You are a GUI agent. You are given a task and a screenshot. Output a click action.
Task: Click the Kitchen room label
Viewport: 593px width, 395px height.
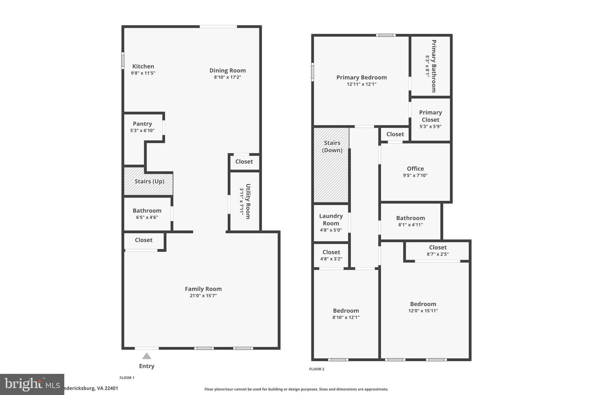click(143, 66)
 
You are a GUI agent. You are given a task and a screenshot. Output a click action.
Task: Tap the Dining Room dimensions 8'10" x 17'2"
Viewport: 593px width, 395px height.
click(227, 77)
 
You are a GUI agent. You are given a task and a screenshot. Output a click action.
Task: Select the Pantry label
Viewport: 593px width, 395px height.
click(142, 124)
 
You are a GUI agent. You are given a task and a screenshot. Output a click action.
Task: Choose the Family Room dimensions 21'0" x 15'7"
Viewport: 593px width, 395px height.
click(203, 296)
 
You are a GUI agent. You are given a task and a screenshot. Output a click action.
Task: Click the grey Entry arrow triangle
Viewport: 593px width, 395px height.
click(147, 356)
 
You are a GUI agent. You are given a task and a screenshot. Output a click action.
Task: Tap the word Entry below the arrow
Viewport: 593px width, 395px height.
click(147, 366)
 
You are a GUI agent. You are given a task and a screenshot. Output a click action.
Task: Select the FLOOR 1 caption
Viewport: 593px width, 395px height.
click(127, 378)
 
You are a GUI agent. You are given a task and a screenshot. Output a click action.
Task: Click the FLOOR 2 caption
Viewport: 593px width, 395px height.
click(317, 369)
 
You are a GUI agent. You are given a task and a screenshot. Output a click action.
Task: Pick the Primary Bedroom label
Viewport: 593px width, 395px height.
click(362, 77)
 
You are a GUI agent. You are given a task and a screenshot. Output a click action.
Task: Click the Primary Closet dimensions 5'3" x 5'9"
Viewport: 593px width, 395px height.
click(430, 127)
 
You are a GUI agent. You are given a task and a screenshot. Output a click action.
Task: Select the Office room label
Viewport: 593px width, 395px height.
click(415, 169)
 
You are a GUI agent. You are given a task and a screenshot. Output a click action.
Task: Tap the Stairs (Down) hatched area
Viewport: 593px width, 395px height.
click(332, 173)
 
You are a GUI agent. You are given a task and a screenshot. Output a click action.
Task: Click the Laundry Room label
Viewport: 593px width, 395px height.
click(331, 219)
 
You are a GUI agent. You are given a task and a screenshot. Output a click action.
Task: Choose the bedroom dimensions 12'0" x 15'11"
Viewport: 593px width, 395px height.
click(423, 311)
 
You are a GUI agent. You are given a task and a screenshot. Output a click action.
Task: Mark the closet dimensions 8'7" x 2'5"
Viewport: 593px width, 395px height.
click(438, 254)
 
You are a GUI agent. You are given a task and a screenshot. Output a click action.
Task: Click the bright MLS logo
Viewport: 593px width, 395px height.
click(32, 384)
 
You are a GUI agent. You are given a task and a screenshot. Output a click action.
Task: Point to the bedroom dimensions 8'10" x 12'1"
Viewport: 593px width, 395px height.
click(346, 318)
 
